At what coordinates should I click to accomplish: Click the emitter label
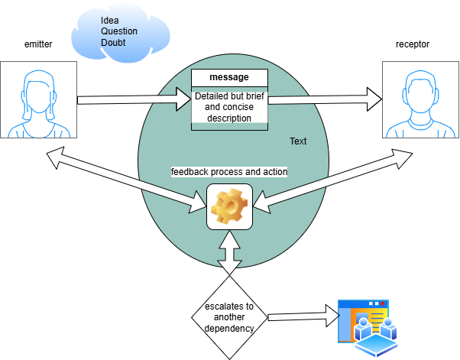click(x=38, y=44)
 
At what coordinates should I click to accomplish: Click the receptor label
click(x=413, y=44)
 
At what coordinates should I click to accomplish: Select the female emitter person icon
click(x=39, y=104)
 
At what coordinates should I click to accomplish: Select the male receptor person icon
click(x=420, y=104)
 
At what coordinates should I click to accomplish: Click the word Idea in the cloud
click(x=110, y=21)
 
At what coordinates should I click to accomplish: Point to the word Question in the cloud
click(x=119, y=31)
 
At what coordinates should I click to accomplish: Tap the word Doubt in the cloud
click(x=113, y=43)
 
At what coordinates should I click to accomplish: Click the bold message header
click(x=229, y=77)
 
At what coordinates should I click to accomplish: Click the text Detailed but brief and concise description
click(x=229, y=107)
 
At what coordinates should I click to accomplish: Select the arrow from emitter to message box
click(x=134, y=99)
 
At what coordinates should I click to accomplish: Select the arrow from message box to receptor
click(x=325, y=99)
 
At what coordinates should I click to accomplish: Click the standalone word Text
click(x=298, y=141)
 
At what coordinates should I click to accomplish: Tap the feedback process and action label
click(x=229, y=172)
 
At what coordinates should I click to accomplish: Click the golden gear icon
click(x=229, y=206)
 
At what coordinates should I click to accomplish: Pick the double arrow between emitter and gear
click(x=127, y=180)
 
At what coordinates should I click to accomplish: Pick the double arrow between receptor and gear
click(x=332, y=180)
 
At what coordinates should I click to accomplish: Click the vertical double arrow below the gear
click(x=229, y=253)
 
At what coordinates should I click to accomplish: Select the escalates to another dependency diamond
click(x=229, y=317)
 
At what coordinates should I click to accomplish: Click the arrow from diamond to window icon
click(x=304, y=316)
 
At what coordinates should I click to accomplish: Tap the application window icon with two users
click(x=368, y=328)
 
